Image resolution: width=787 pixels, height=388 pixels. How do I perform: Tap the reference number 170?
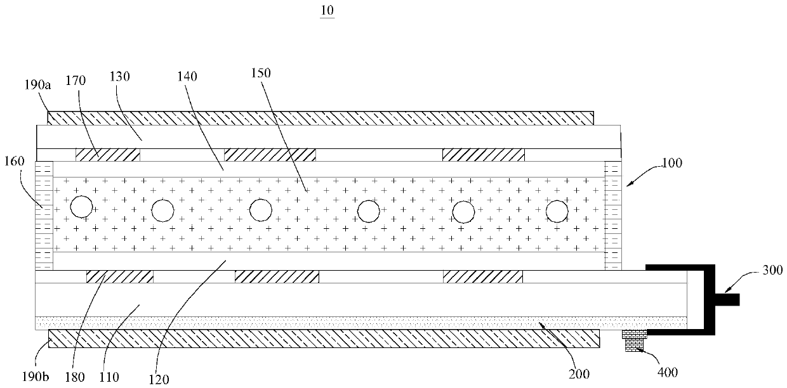[x=76, y=81]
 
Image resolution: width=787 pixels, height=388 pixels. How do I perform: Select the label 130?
[x=119, y=77]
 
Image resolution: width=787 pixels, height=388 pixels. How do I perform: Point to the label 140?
[x=187, y=77]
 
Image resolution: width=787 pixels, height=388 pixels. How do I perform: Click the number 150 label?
[x=261, y=73]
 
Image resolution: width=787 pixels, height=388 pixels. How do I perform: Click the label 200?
[x=579, y=373]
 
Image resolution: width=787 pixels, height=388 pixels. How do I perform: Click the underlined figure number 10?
[x=327, y=10]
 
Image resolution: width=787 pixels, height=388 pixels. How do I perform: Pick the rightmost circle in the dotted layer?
[x=557, y=210]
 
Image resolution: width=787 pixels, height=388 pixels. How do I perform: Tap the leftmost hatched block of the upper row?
[x=108, y=154]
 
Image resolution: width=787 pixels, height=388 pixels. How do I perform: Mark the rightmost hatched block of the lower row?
[x=483, y=276]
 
